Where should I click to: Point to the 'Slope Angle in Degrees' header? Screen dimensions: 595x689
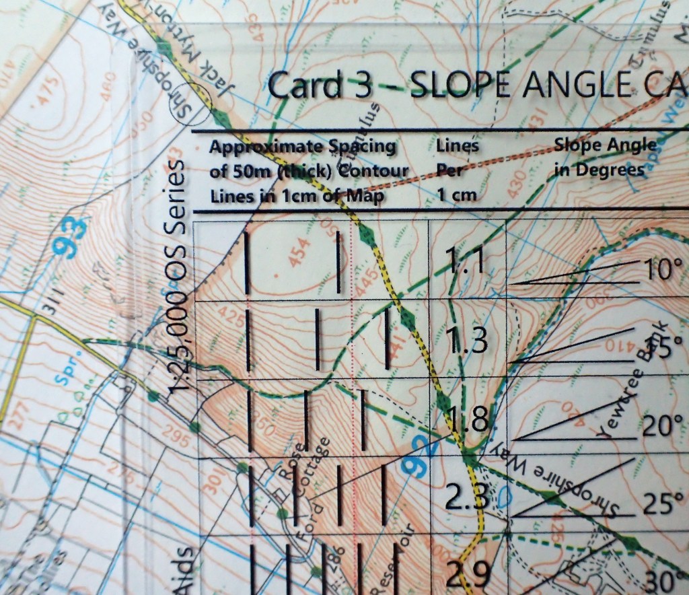604,157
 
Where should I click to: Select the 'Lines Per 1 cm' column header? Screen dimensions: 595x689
458,170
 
